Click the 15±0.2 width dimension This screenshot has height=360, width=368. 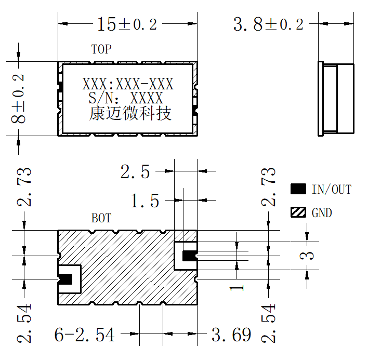click(x=127, y=24)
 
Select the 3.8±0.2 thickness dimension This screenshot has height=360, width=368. click(x=268, y=24)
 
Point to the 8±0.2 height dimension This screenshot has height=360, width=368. click(x=18, y=99)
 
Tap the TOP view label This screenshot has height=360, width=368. click(x=101, y=49)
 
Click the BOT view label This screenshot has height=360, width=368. click(x=101, y=218)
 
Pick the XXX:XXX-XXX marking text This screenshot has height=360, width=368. click(x=128, y=84)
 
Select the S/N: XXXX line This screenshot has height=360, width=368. click(x=126, y=98)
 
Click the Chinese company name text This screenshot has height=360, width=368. click(x=130, y=114)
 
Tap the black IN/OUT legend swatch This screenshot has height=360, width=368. click(x=298, y=189)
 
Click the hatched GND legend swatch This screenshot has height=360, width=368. click(x=298, y=212)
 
